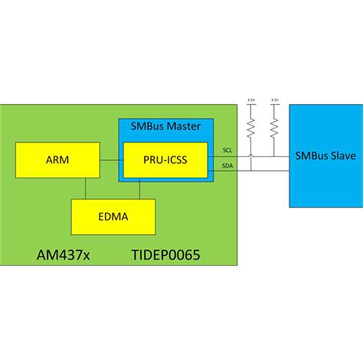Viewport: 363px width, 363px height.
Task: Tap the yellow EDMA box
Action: [113, 216]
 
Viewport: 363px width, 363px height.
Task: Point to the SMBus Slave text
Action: [324, 156]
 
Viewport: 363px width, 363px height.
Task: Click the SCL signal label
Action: [227, 149]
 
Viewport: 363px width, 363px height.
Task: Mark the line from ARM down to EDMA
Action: [86, 188]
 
